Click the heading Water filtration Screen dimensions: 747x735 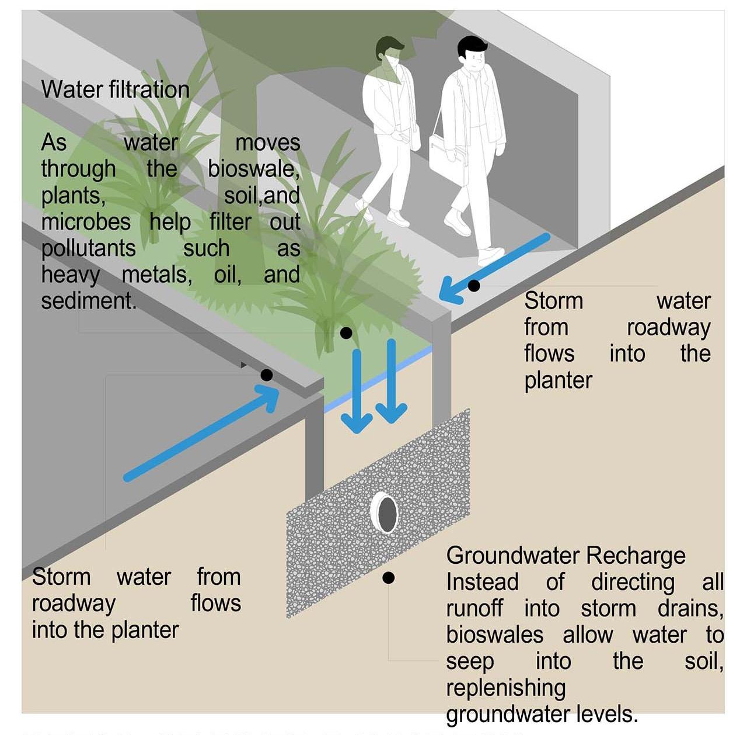point(115,89)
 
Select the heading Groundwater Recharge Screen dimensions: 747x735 point(566,556)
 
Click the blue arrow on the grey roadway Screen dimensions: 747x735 point(201,434)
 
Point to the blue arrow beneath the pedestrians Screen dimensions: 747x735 point(495,268)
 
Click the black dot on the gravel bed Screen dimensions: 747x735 point(389,578)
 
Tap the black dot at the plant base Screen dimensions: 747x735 point(346,333)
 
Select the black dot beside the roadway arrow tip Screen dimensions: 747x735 point(267,375)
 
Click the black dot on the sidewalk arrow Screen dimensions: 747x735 point(474,286)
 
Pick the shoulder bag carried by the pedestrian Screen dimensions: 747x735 point(446,154)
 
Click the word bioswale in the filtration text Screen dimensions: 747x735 point(253,169)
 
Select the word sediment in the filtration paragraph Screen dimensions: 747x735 point(88,301)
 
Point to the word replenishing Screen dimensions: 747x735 point(505,688)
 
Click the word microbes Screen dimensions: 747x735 point(86,222)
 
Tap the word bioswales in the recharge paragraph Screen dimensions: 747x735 point(495,635)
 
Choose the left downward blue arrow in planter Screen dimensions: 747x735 point(357,391)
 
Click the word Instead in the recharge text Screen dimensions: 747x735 point(482,582)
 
